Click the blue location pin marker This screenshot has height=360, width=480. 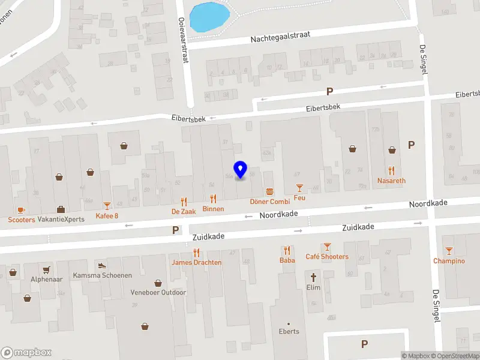click(x=241, y=170)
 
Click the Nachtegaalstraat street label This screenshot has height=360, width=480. click(x=281, y=37)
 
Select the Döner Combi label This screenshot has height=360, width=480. click(x=270, y=202)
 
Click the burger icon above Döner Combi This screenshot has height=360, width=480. click(x=270, y=191)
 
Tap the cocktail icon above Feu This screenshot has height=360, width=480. click(x=299, y=188)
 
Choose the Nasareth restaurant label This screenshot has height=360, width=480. click(x=391, y=181)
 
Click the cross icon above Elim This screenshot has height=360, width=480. click(x=313, y=277)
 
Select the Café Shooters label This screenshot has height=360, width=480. click(x=327, y=257)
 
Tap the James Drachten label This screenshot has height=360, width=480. click(x=196, y=263)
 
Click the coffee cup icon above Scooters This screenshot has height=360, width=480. click(x=21, y=209)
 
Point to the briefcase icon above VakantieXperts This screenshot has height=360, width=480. click(x=61, y=209)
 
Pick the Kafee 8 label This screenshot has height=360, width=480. click(x=107, y=216)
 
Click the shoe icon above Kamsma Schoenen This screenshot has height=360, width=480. click(x=102, y=265)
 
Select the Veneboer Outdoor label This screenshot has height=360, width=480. click(x=158, y=293)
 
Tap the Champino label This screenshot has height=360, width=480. click(x=449, y=261)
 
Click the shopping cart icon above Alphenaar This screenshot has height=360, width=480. click(x=46, y=269)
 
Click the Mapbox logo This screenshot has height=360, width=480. click(x=26, y=353)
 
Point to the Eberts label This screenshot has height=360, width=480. click(x=289, y=331)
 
